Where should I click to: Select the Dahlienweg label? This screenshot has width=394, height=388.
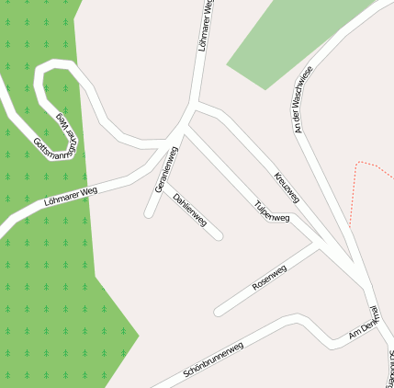click(189, 209)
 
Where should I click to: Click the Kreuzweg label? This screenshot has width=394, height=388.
click(287, 188)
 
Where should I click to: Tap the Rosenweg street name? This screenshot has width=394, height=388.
click(269, 278)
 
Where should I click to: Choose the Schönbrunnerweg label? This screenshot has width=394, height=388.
click(213, 359)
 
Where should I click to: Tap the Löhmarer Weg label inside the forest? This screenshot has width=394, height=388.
click(70, 194)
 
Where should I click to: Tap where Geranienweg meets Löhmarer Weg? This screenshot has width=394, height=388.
click(172, 148)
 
